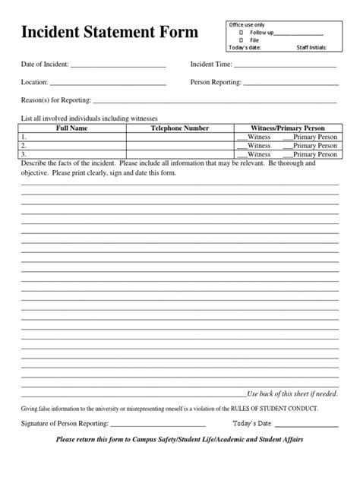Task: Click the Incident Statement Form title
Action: click(103, 33)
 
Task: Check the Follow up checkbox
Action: click(241, 33)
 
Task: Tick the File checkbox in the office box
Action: click(241, 40)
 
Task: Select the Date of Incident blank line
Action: click(117, 65)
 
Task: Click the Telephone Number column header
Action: click(179, 128)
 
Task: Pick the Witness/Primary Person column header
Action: click(287, 128)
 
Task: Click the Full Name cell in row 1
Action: click(73, 137)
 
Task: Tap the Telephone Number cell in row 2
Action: click(179, 145)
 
